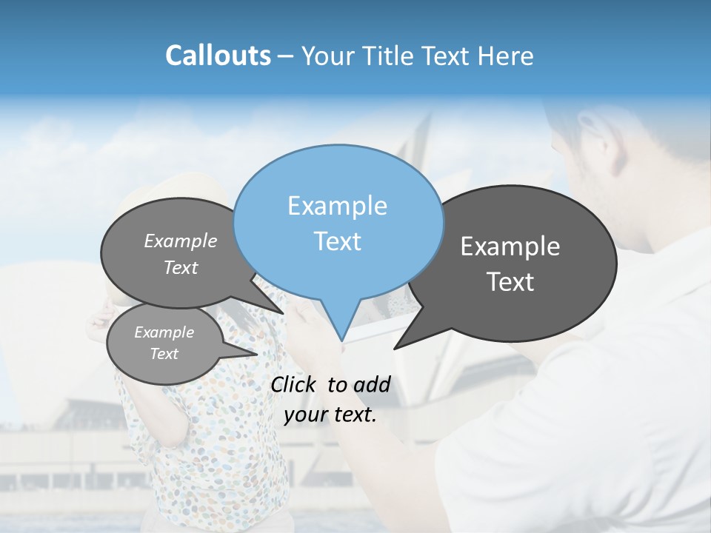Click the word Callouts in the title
218,56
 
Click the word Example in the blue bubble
337,206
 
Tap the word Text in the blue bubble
337,241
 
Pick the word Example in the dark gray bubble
510,247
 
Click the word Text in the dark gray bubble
510,282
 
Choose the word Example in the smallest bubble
164,332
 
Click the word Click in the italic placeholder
294,384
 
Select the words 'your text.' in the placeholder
330,415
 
